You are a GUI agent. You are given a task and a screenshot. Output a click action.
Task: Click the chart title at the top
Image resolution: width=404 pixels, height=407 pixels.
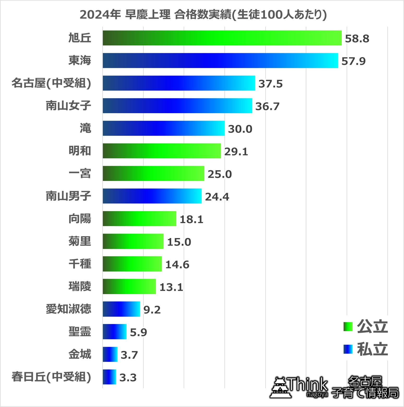pyautogui.click(x=203, y=15)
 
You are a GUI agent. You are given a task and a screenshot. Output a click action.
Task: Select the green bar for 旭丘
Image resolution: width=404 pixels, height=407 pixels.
pyautogui.click(x=222, y=38)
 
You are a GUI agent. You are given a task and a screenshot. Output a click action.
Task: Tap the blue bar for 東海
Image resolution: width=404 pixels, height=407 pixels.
pyautogui.click(x=220, y=61)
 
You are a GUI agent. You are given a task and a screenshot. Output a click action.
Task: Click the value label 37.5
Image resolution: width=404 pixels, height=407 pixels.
pyautogui.click(x=270, y=84)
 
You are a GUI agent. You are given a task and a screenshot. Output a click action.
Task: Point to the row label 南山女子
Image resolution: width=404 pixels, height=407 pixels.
pyautogui.click(x=68, y=106)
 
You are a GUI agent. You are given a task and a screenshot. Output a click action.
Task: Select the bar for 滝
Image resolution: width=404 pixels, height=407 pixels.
pyautogui.click(x=164, y=128)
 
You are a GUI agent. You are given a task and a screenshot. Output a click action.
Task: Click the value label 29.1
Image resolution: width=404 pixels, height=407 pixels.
pyautogui.click(x=236, y=151)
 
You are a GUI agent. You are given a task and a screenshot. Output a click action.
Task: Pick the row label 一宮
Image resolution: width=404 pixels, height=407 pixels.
pyautogui.click(x=80, y=173)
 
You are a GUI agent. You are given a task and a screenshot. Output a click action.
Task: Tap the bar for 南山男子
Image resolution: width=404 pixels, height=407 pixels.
pyautogui.click(x=152, y=196)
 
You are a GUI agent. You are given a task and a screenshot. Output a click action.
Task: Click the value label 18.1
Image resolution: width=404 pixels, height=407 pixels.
pyautogui.click(x=191, y=219)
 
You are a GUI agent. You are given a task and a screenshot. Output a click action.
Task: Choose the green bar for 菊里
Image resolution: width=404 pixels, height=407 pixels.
pyautogui.click(x=133, y=241)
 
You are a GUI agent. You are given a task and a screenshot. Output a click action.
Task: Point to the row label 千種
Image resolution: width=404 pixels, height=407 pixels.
pyautogui.click(x=80, y=264)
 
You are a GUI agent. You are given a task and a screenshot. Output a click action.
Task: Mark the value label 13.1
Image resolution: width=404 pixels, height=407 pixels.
pyautogui.click(x=171, y=287)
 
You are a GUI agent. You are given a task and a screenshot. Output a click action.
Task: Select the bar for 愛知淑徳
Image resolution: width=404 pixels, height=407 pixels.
pyautogui.click(x=121, y=309)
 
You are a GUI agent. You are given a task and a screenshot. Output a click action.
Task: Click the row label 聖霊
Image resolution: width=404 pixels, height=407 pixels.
pyautogui.click(x=80, y=332)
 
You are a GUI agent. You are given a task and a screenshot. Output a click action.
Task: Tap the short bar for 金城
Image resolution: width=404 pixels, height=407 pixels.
pyautogui.click(x=110, y=354)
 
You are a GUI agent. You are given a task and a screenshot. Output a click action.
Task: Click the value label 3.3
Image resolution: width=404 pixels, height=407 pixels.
pyautogui.click(x=128, y=378)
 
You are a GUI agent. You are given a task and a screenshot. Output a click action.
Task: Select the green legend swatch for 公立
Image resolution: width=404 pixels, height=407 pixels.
pyautogui.click(x=348, y=327)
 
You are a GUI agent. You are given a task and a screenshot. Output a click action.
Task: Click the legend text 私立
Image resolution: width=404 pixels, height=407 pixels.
pyautogui.click(x=372, y=349)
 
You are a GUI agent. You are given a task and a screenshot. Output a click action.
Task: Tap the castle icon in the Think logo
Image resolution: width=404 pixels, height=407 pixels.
pyautogui.click(x=280, y=388)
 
